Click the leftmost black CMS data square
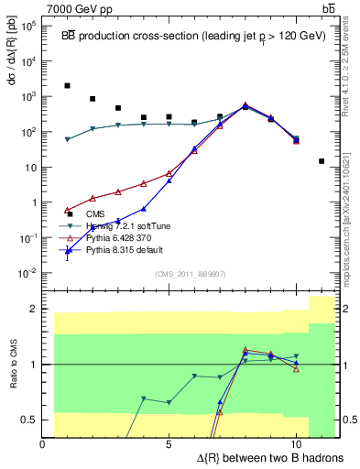coord(68,85)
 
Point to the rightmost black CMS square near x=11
coord(322,161)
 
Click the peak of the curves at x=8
coord(245,105)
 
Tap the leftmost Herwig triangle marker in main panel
coord(68,139)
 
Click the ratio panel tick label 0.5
coord(29,420)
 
